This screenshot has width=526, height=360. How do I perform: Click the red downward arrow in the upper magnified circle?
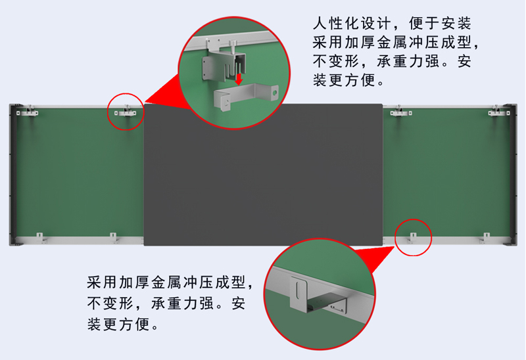pos(239,79)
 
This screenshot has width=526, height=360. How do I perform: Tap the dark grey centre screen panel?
pos(264,175)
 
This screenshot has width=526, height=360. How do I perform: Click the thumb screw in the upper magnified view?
pos(233,46)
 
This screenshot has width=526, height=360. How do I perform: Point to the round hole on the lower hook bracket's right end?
pos(275,91)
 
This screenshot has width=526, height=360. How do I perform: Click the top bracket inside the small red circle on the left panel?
pos(126,112)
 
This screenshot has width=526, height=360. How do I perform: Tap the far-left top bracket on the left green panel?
pos(28,112)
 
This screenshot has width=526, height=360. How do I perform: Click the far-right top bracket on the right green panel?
pos(499,112)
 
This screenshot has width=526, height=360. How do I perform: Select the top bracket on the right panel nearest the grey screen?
pos(401,112)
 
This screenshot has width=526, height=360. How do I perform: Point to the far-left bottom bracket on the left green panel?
pos(40,238)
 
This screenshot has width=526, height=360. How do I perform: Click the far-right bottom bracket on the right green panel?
pos(485,238)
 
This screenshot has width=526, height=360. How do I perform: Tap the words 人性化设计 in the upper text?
pos(352,24)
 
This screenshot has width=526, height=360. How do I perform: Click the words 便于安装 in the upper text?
pos(440,24)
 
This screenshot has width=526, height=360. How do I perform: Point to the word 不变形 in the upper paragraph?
pos(336,61)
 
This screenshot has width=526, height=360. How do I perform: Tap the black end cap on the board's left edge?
pos(13,175)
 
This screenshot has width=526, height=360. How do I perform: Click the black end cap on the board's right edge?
pos(513,175)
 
